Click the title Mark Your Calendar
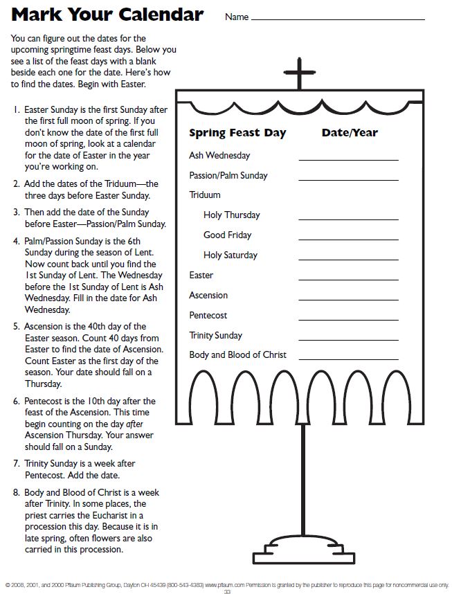tap(107, 15)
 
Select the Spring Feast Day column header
tap(237, 133)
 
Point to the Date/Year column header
tap(350, 133)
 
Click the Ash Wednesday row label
tap(219, 156)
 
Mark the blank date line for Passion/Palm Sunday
tap(348, 179)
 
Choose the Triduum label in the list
tap(205, 195)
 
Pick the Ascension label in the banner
tap(208, 296)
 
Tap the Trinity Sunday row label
tap(216, 336)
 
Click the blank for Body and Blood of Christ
tap(348, 359)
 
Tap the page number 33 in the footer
tap(226, 591)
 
